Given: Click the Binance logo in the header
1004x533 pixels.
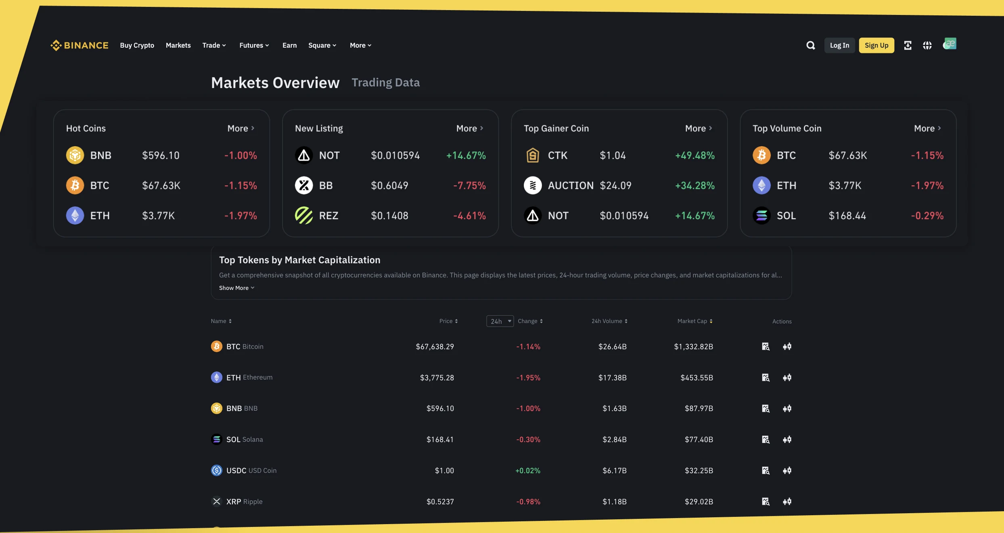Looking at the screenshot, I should coord(79,45).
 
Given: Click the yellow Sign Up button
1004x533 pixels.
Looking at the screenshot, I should coord(876,45).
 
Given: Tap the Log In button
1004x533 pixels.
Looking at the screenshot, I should coord(839,45).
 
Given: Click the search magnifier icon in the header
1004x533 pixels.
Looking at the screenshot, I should coord(810,45).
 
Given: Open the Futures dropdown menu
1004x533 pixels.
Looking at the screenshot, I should coord(254,45).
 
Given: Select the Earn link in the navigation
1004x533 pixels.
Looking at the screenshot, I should coord(289,45).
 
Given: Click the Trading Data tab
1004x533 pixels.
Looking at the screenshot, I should coord(385,82).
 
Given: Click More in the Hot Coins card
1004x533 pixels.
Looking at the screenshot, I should coord(241,128).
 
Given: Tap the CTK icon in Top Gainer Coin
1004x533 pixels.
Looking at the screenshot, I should coord(533,155).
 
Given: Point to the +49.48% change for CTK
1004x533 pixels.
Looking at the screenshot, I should coord(694,155).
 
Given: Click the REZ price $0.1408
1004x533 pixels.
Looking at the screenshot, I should coord(389,216).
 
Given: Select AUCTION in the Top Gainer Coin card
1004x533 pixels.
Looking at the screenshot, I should coord(570,185).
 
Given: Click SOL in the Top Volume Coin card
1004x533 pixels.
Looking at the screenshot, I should coord(786,216).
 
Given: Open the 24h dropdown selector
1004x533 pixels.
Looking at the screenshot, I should coord(500,321).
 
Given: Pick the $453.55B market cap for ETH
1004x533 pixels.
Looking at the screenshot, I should coord(697,378).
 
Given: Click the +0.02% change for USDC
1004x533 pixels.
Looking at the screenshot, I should coord(527,470).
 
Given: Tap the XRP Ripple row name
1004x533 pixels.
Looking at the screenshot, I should coord(244,502).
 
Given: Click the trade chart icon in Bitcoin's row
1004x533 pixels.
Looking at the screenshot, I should coord(787,346).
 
